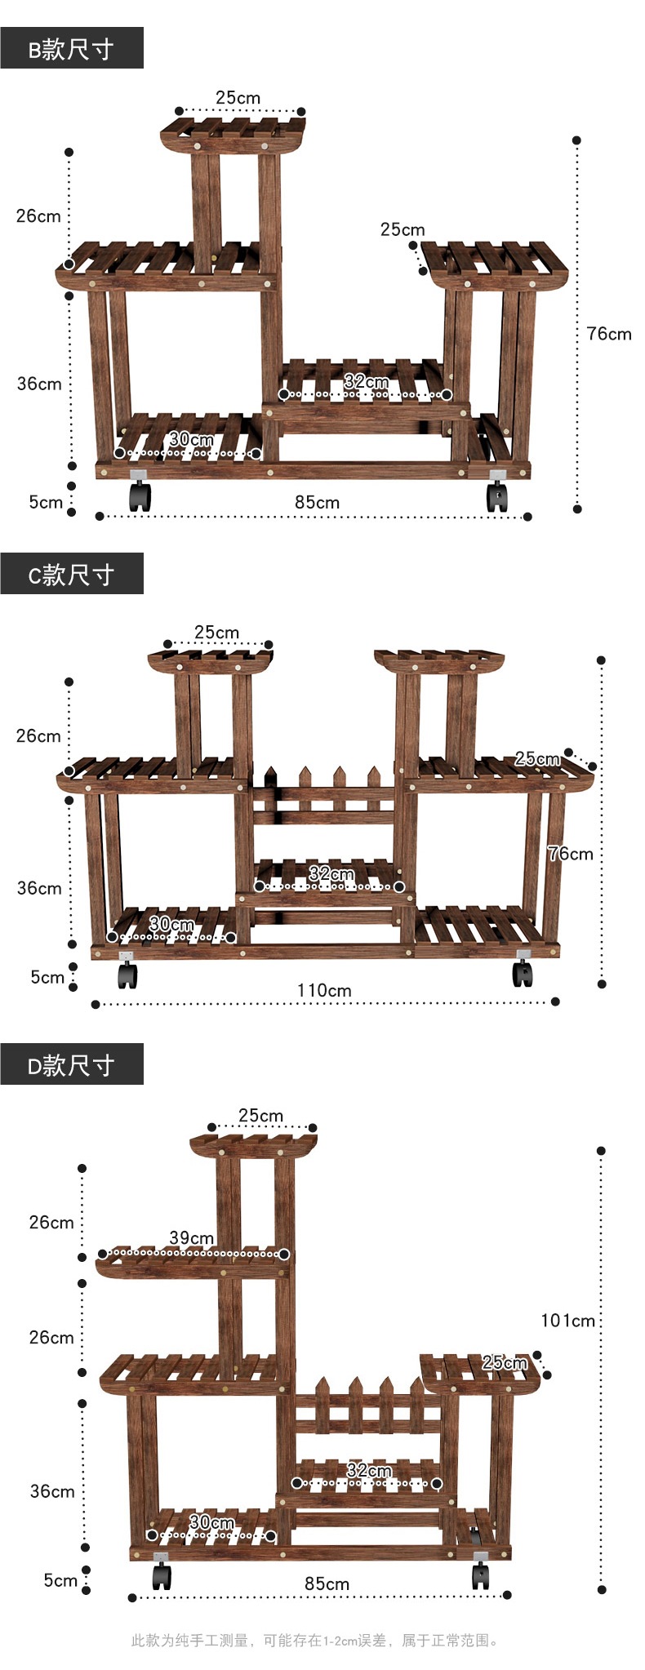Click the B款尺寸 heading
pyautogui.click(x=71, y=49)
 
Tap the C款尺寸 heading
pyautogui.click(x=71, y=575)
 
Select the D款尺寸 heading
pyautogui.click(x=71, y=1065)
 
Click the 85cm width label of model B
pyautogui.click(x=317, y=503)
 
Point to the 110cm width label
pyautogui.click(x=324, y=990)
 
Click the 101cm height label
pyautogui.click(x=567, y=1320)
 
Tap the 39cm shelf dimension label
pyautogui.click(x=191, y=1237)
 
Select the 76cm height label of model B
pyautogui.click(x=608, y=333)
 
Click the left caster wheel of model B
pyautogui.click(x=140, y=495)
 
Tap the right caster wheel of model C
pyautogui.click(x=523, y=970)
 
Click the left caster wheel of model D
pyautogui.click(x=162, y=1573)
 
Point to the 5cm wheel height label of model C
pyautogui.click(x=47, y=976)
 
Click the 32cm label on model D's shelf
pyautogui.click(x=369, y=1470)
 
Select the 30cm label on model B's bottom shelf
pyautogui.click(x=191, y=439)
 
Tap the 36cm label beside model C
pyautogui.click(x=39, y=887)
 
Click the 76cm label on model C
pyautogui.click(x=570, y=854)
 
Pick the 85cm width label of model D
pyautogui.click(x=327, y=1583)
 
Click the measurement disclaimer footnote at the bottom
pyautogui.click(x=315, y=1640)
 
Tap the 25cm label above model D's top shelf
pyautogui.click(x=260, y=1115)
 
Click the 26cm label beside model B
pyautogui.click(x=38, y=215)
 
